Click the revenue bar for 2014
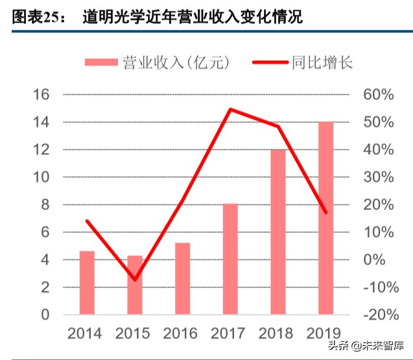point(87,282)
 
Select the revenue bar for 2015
point(134,285)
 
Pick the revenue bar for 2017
point(230,259)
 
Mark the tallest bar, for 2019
point(325,217)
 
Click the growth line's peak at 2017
point(230,109)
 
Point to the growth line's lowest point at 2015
point(135,280)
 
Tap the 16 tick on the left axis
point(41,95)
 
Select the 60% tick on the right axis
point(379,95)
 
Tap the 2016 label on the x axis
point(183,334)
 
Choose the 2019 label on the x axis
point(325,334)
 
